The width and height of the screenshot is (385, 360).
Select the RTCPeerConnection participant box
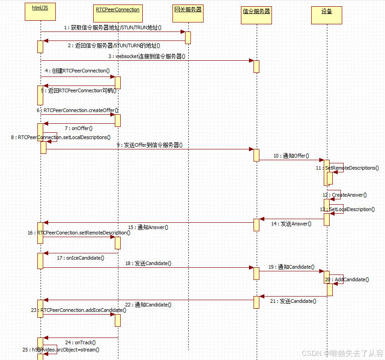pyautogui.click(x=118, y=12)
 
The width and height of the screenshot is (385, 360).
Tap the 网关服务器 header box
pyautogui.click(x=188, y=12)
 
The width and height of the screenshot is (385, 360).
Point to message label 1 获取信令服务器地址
pyautogui.click(x=113, y=28)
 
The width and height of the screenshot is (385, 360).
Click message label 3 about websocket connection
pyautogui.click(x=146, y=56)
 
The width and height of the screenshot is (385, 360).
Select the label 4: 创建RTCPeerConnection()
pyautogui.click(x=77, y=71)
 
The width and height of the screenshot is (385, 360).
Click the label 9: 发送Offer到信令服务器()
pyautogui.click(x=150, y=145)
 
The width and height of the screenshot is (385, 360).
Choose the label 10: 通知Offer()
pyautogui.click(x=291, y=156)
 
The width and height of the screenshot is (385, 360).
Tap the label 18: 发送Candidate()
pyautogui.click(x=148, y=263)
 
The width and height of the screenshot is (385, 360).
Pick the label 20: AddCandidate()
pyautogui.click(x=347, y=279)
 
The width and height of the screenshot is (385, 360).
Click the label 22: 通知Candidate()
pyautogui.click(x=148, y=305)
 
